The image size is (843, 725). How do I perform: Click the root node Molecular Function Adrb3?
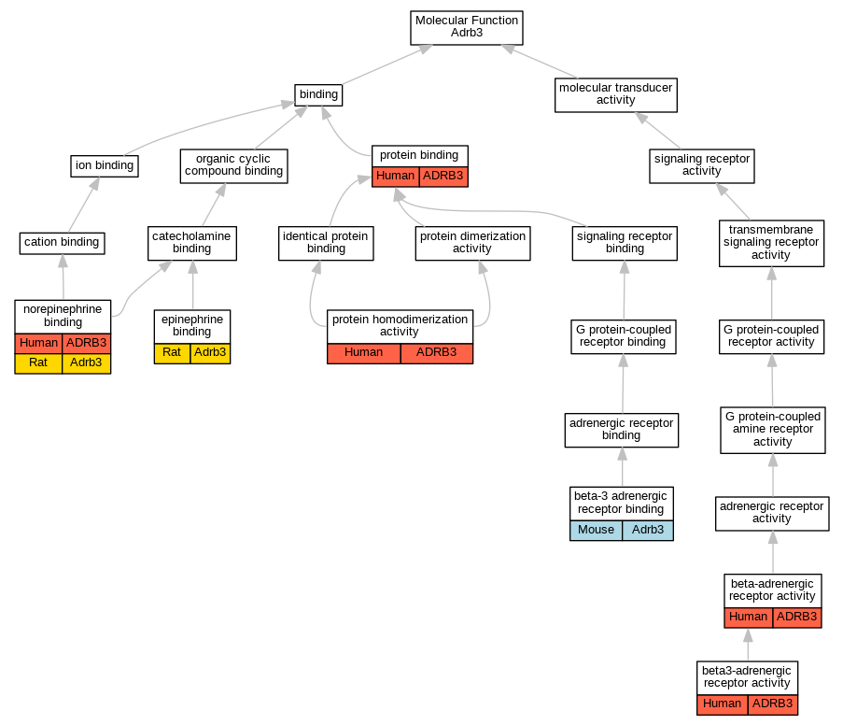466,27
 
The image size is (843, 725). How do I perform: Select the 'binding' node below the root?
318,94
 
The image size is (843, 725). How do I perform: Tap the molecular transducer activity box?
614,94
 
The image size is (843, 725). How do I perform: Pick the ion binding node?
105,166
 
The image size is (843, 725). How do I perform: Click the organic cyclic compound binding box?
233,165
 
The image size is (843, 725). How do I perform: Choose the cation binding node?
62,242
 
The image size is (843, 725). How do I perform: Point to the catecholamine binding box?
191,243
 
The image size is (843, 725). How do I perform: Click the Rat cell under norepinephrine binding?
38,362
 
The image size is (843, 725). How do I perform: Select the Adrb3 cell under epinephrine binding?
210,352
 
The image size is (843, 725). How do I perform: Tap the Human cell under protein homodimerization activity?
363,352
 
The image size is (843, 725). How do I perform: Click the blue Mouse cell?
596,530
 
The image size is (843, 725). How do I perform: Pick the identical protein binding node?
326,243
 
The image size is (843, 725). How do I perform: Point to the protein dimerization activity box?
472,243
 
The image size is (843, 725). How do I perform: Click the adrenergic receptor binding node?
621,430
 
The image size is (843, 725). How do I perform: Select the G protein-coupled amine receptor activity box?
772,429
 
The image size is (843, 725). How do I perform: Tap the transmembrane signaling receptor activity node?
771,242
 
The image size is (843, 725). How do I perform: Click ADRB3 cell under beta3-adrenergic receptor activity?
772,704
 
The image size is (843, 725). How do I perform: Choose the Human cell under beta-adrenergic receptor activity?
748,617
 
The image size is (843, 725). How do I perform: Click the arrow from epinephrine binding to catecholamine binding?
192,285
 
